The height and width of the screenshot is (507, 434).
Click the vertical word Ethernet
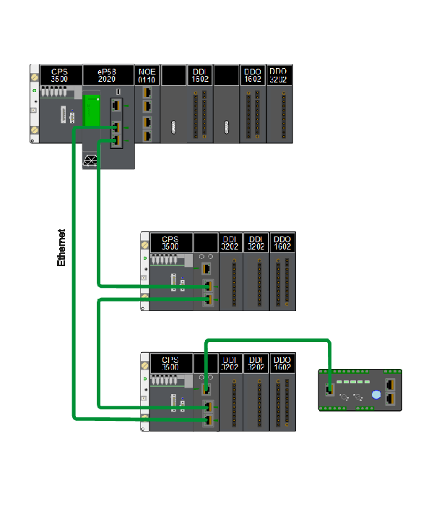(x=61, y=248)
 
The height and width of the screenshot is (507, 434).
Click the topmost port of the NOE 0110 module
(x=147, y=94)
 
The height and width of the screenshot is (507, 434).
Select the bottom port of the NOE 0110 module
(x=147, y=135)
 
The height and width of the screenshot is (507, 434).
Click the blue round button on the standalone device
(x=376, y=395)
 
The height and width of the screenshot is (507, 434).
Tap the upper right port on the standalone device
(x=391, y=384)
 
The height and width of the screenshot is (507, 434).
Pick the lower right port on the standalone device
(x=391, y=398)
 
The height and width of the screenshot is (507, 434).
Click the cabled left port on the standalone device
(x=330, y=389)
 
